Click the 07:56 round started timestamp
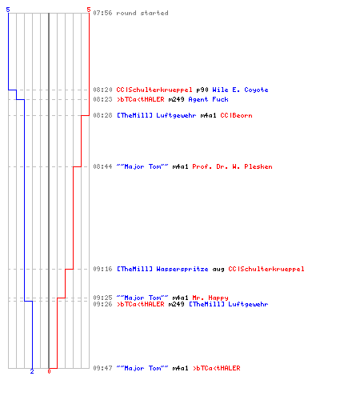pos(102,13)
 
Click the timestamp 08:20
pos(102,90)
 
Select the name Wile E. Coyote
pos(240,90)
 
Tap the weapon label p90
pos(202,90)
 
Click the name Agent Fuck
pos(208,99)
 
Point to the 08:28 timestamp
pos(102,115)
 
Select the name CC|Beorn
pos(236,115)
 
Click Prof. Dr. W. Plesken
pos(232,166)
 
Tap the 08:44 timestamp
pos(102,166)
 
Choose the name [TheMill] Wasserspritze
pos(162,269)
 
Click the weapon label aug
pos(218,270)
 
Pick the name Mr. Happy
pos(210,298)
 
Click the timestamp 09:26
pos(102,304)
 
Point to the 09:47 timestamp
pos(102,368)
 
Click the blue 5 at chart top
pos(8,10)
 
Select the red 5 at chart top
pos(89,10)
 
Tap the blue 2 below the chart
pos(32,371)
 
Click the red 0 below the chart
pos(49,371)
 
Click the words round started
pos(142,13)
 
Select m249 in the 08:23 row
pos(176,99)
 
